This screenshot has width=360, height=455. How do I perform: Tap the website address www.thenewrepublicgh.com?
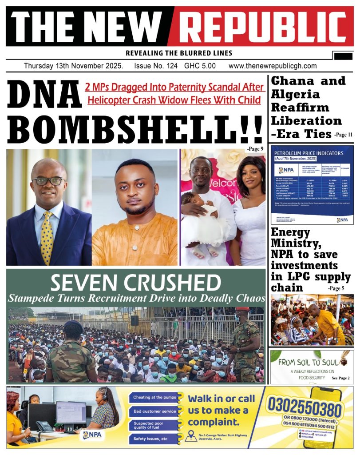click(273, 66)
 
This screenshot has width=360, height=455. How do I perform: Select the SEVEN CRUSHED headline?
click(135, 283)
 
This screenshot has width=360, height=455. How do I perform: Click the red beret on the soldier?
click(242, 309)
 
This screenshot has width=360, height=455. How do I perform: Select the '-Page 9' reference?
click(254, 148)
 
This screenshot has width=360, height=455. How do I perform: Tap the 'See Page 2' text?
click(340, 378)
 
